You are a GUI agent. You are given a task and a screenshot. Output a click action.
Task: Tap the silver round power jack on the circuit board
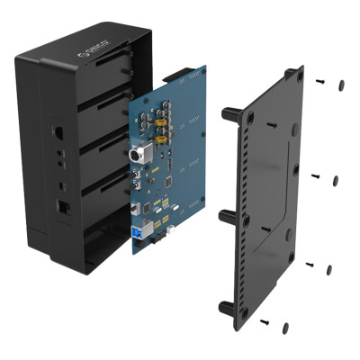coord(140,155)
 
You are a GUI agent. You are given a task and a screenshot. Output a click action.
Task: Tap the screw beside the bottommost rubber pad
coord(265,320)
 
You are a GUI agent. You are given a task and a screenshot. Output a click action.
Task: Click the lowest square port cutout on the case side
coord(62,206)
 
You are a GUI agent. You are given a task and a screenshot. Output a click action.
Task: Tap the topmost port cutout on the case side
coord(58,130)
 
